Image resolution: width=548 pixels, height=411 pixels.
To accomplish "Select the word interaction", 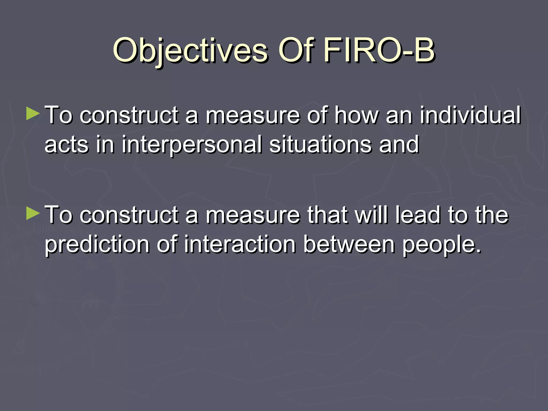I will point(240,244).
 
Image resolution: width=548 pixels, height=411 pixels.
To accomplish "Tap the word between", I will point(349,244).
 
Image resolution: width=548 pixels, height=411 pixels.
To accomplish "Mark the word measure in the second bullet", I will point(253,216).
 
